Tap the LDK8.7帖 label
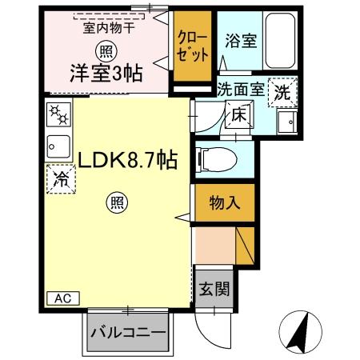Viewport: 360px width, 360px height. coord(126,160)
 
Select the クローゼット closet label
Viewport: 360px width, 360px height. coord(195,47)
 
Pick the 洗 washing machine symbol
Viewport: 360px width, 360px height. coord(283,92)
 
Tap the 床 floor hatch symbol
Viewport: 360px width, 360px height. coord(238,115)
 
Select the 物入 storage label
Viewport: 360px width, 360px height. coord(224,202)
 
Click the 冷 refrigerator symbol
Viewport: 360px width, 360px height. coord(60,179)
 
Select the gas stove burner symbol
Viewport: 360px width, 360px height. coord(59,117)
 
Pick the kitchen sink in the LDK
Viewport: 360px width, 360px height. coord(59,146)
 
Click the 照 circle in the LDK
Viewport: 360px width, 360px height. coord(116,204)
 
